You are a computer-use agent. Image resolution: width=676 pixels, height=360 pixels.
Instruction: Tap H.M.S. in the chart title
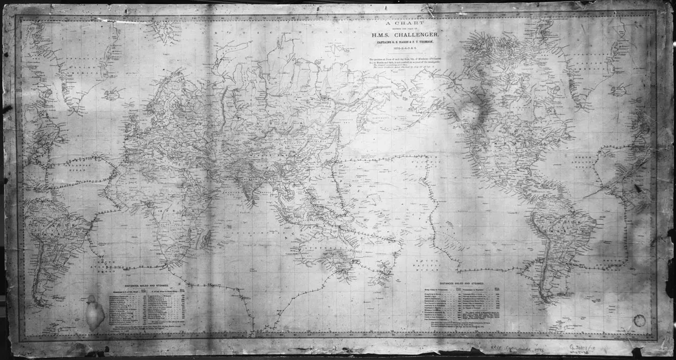pyautogui.click(x=383, y=35)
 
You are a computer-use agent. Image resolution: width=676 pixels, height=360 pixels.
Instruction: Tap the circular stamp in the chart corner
pyautogui.click(x=640, y=320)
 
